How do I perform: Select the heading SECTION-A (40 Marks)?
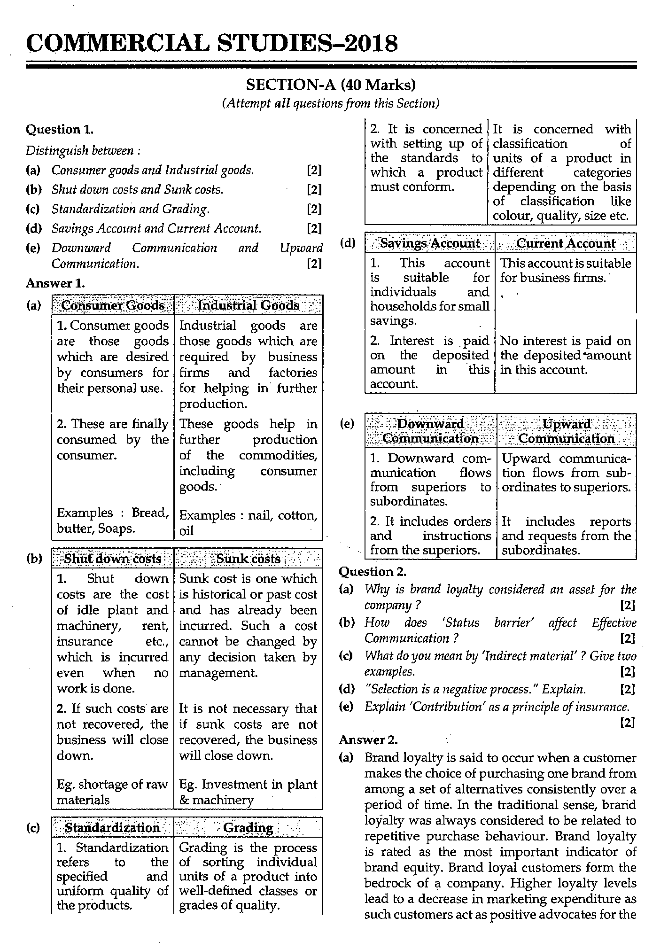tap(331, 85)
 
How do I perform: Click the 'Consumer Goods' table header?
tap(113, 305)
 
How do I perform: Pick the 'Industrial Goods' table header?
tap(248, 305)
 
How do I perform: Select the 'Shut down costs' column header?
tap(113, 559)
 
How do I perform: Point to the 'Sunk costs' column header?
tap(248, 559)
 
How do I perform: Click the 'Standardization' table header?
tap(113, 828)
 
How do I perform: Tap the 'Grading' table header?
tap(248, 828)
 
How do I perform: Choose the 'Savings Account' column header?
tap(430, 243)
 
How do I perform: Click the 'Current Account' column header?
tap(566, 243)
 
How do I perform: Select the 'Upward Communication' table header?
tap(567, 431)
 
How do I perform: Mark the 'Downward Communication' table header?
tap(430, 431)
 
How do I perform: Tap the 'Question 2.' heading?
tap(373, 571)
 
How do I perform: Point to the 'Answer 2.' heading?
tap(368, 739)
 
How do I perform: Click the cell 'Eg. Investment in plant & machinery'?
tap(248, 792)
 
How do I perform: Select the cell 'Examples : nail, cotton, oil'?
tap(248, 523)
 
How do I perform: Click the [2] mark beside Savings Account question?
tap(314, 229)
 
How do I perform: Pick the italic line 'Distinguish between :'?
tap(83, 150)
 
